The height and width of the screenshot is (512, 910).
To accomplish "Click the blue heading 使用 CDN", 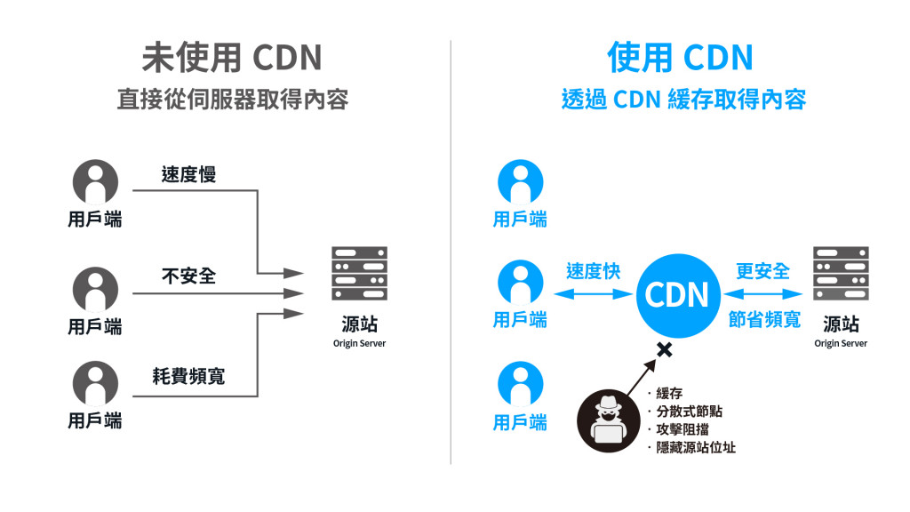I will coord(680,59).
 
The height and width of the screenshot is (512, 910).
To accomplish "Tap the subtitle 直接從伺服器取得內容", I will coord(232,99).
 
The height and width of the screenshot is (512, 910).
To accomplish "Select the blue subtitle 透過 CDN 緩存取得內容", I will coord(683,99).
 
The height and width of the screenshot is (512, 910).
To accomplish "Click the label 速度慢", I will coord(188,174).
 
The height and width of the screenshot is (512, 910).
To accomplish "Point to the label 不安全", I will coord(188,276).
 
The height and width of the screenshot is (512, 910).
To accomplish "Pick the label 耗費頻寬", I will coord(188,376).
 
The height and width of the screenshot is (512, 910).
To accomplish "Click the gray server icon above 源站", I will coord(359,274).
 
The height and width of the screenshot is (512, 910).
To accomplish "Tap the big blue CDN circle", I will coord(676,294).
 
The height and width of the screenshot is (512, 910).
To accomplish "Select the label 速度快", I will coord(593,271).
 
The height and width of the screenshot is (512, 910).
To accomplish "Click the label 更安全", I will coord(762,271).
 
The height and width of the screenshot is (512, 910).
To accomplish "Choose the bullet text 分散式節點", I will coord(689,411).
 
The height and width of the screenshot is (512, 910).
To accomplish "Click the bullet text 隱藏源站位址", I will coord(695,447).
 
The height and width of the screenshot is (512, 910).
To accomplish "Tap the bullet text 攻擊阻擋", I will coord(682,428).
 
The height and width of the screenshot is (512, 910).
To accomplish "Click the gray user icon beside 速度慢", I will coord(94,182).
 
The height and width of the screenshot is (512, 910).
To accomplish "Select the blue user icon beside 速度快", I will coord(520,284).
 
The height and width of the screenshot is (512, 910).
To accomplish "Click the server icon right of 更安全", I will coord(841,274).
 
